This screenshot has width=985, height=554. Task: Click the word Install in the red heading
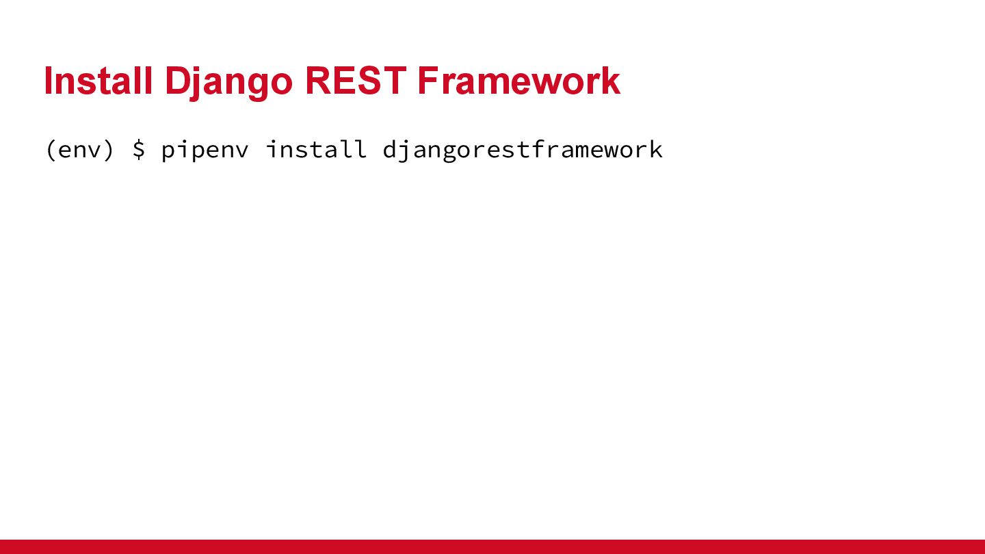[98, 81]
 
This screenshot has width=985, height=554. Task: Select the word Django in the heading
[228, 83]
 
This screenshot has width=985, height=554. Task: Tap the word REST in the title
[355, 81]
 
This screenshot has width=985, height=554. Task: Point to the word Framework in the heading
[519, 81]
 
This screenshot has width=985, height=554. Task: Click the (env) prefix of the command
[80, 150]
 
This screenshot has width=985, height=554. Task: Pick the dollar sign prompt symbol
[138, 150]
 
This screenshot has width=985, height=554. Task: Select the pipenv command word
[205, 150]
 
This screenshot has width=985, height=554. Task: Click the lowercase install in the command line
[316, 149]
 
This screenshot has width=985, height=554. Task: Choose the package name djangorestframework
[523, 150]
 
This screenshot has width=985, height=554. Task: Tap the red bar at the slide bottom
[492, 546]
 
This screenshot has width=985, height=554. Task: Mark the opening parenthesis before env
[51, 150]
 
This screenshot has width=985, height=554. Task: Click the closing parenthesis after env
[109, 150]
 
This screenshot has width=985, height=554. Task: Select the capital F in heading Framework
[429, 81]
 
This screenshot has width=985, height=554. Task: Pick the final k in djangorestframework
[655, 149]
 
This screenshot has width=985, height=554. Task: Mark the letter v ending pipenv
[241, 152]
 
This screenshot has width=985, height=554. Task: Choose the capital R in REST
[317, 81]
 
